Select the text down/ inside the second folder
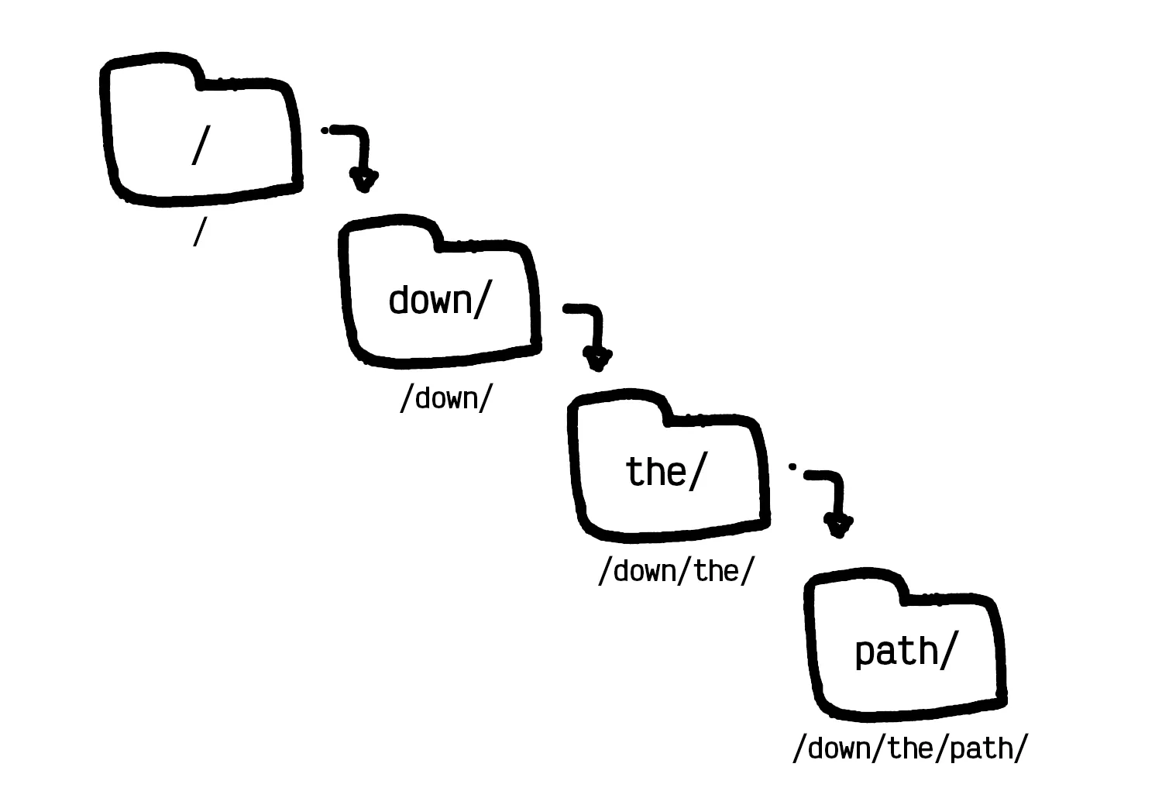[x=439, y=300]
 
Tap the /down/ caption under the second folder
[x=445, y=398]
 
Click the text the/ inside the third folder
[x=665, y=471]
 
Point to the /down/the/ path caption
[x=675, y=572]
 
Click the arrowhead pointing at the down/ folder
[x=364, y=182]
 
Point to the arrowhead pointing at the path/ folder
[x=838, y=528]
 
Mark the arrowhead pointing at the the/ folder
[x=598, y=359]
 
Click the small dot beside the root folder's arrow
[x=325, y=130]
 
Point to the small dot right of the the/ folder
[x=792, y=466]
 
